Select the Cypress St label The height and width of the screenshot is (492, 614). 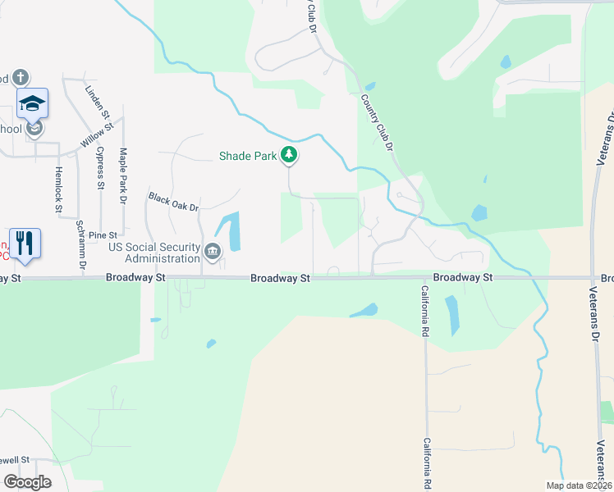coord(100,168)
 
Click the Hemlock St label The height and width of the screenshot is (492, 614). coord(58,189)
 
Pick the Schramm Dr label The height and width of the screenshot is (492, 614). coord(80,244)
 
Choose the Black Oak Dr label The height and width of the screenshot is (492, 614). coord(174,202)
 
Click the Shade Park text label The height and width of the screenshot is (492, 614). coord(247,155)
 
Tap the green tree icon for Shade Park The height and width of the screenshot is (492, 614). coord(288,154)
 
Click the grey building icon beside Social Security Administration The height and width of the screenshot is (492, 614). coord(213,251)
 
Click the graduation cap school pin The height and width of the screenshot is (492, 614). coord(32,103)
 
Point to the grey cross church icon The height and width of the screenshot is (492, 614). coord(21,78)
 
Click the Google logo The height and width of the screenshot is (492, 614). coord(28,482)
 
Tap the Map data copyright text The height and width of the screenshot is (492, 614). coord(578,485)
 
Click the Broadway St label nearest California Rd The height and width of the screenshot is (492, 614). coord(462,278)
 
